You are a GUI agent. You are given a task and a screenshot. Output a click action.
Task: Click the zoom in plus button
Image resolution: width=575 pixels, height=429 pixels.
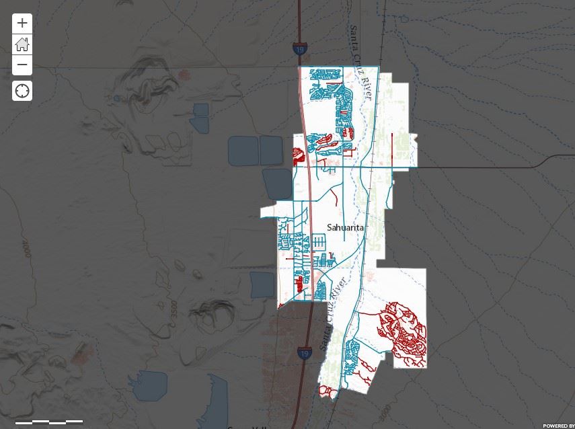coord(22,23)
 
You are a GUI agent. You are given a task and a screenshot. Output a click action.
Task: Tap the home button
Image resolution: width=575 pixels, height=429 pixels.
coord(22,44)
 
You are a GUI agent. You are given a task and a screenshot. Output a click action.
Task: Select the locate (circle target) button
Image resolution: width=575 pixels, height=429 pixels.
coord(22,91)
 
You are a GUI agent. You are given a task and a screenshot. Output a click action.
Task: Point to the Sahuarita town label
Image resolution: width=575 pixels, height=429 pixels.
coord(345,227)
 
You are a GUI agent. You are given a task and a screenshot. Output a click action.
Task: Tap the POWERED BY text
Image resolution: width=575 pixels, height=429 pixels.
coord(558,425)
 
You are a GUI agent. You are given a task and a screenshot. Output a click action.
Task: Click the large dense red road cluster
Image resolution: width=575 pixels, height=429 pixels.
coord(404,333)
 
